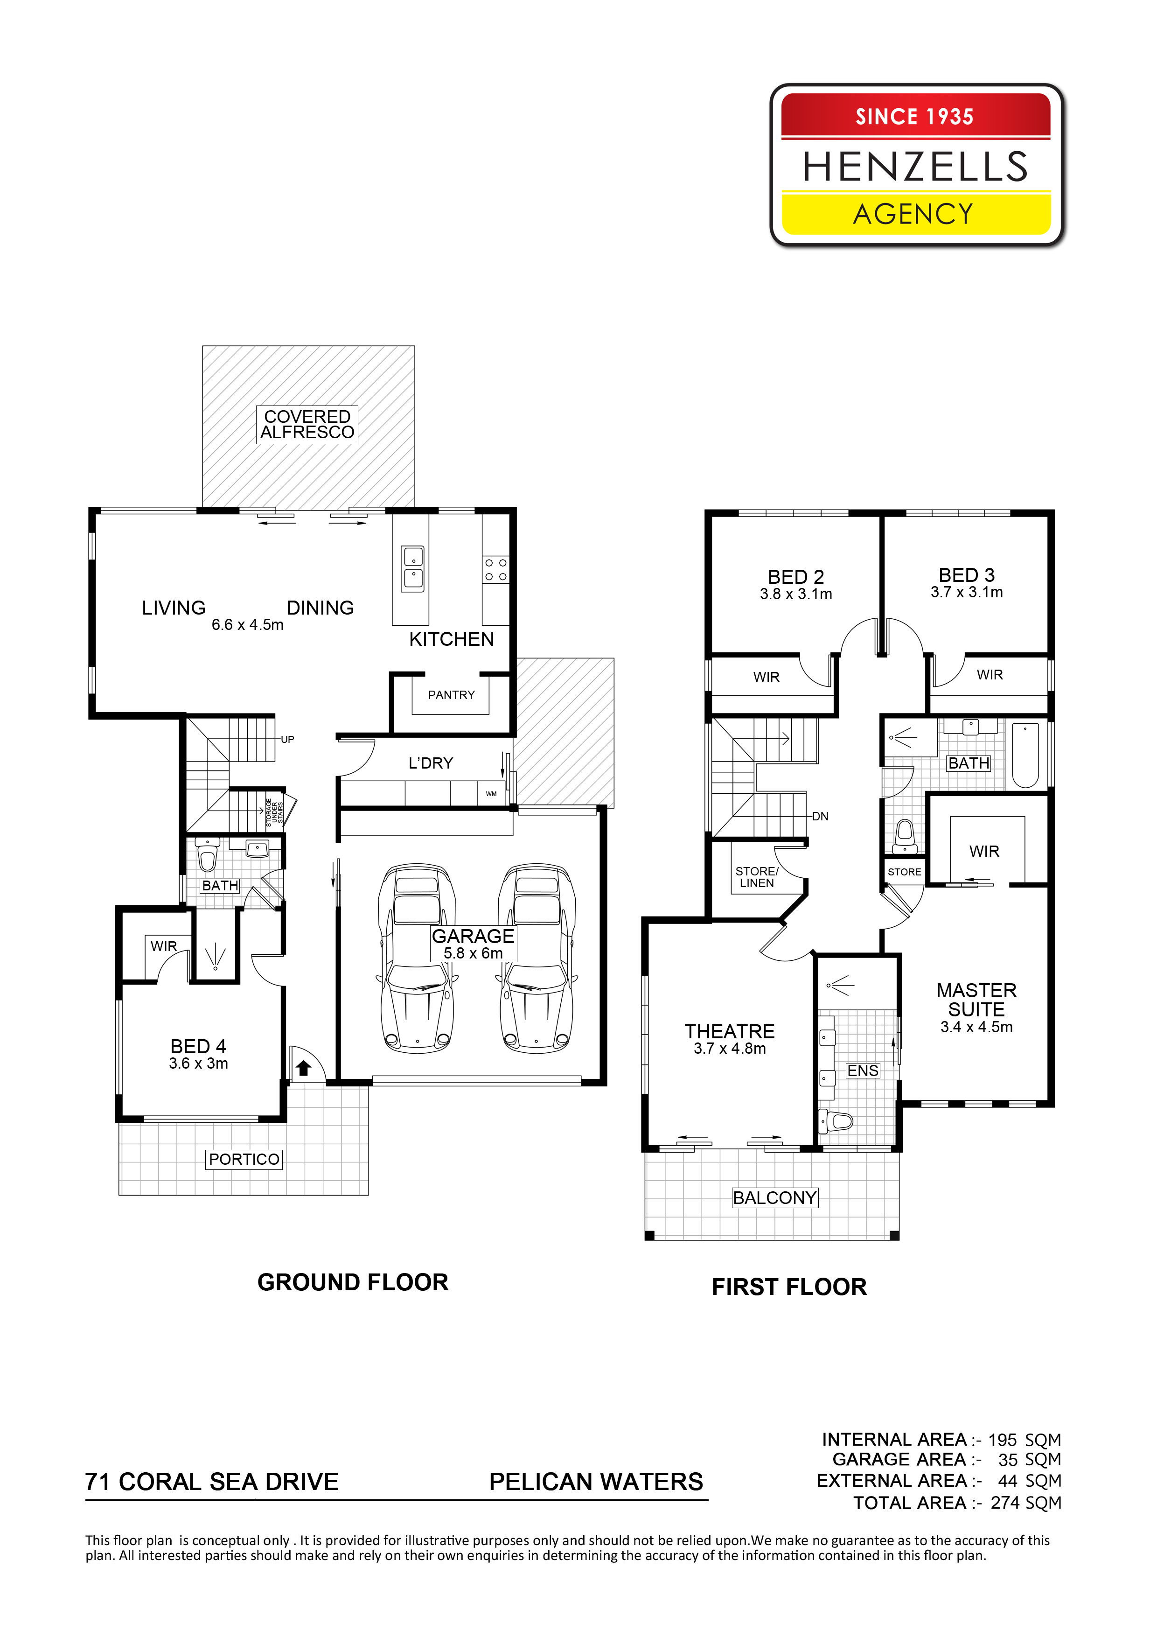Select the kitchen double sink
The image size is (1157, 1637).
click(413, 568)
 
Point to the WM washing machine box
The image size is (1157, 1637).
click(491, 794)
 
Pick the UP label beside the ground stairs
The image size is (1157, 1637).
click(287, 739)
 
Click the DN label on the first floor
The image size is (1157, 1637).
click(821, 816)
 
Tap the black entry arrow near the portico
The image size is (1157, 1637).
click(304, 1067)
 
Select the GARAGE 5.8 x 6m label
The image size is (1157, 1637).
click(474, 944)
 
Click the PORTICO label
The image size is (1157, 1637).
click(244, 1159)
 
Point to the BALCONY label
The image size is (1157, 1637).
click(775, 1198)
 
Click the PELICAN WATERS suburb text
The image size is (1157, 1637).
click(596, 1482)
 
